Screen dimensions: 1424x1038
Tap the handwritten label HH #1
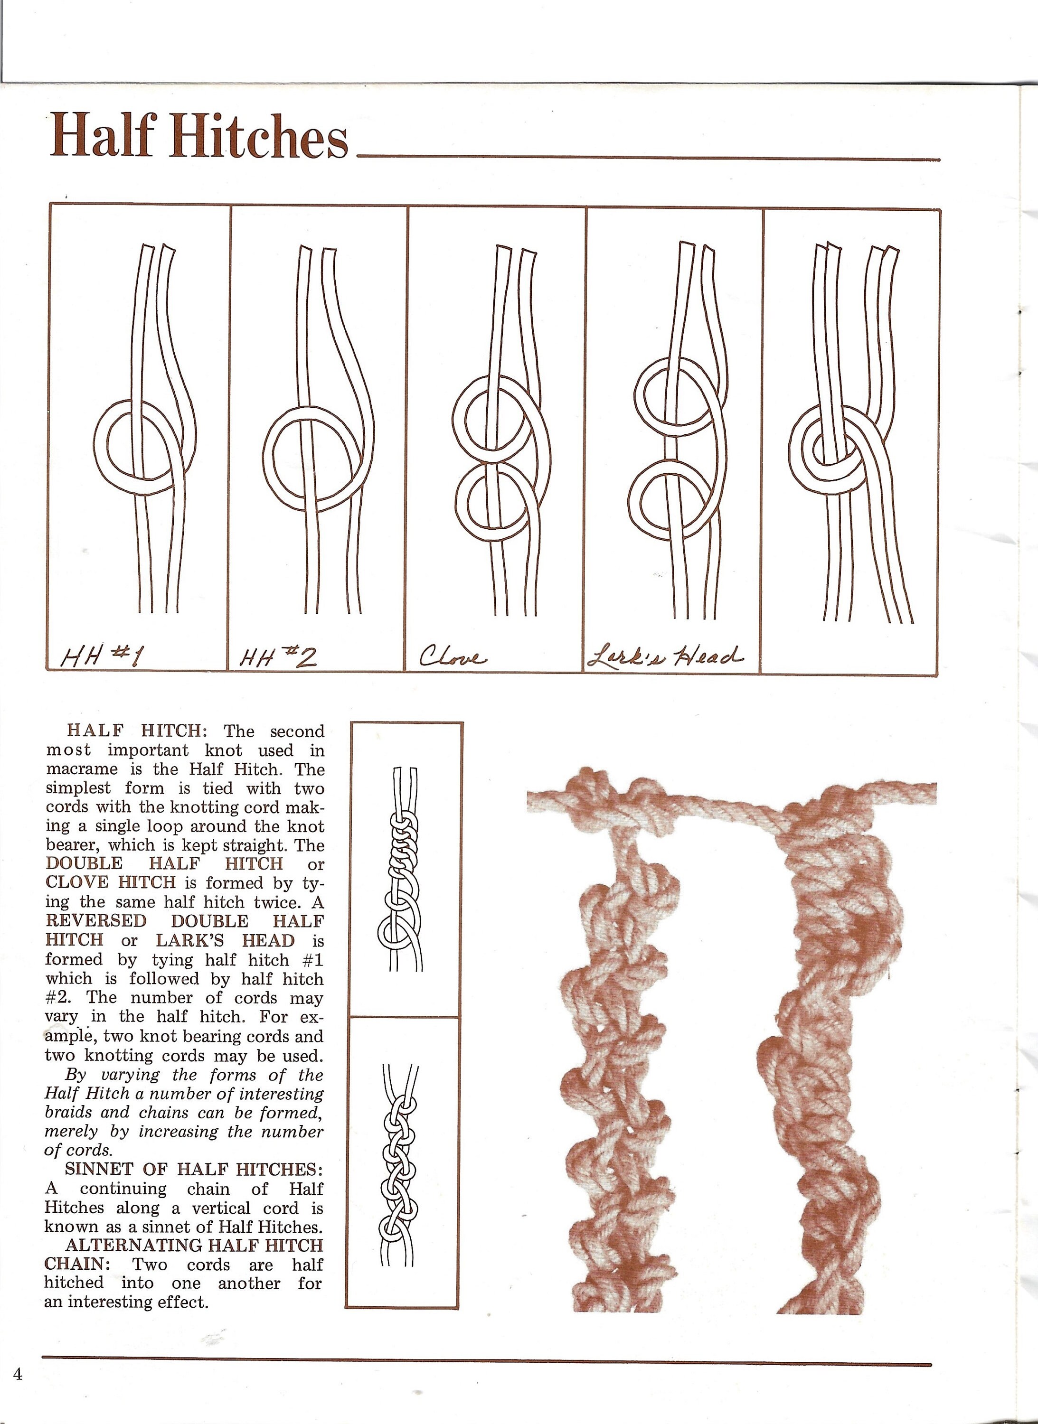[x=102, y=658]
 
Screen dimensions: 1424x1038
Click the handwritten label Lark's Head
[x=664, y=657]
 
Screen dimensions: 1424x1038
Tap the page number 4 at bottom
[x=18, y=1374]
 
